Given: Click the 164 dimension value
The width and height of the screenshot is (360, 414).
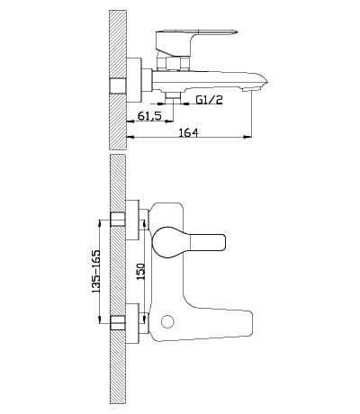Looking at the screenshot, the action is [x=189, y=133].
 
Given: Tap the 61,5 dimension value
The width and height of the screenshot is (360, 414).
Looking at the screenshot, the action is [x=149, y=115].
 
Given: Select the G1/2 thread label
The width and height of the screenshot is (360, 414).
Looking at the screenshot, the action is [x=210, y=100].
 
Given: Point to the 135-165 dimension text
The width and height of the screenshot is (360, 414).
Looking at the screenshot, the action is [x=95, y=271].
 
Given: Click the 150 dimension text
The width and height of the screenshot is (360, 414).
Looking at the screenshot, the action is [x=140, y=272].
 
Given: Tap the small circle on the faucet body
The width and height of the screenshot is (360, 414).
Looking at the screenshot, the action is [x=167, y=321].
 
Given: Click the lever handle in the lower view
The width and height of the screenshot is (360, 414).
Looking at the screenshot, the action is [x=188, y=242].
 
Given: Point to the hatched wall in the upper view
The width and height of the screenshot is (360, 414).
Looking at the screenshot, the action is [x=118, y=80].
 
